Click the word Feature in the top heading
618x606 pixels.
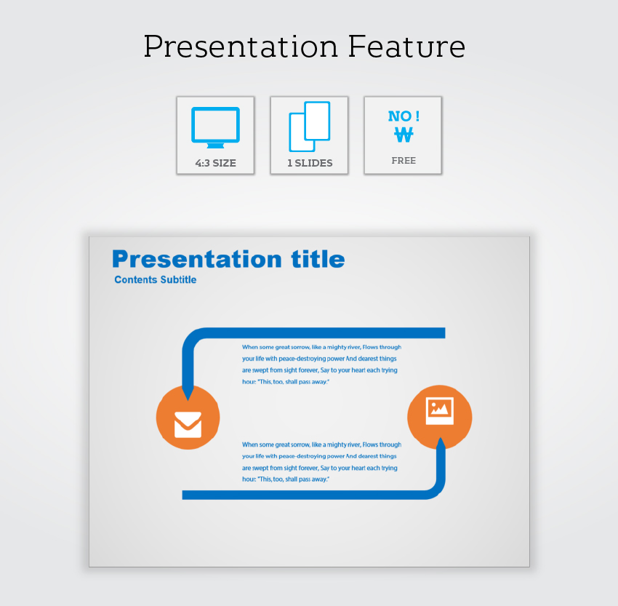[406, 47]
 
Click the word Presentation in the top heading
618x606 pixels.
[241, 47]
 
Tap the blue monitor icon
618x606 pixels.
[216, 127]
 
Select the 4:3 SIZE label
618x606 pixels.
[216, 163]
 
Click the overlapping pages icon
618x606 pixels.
[310, 127]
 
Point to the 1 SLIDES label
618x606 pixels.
[310, 163]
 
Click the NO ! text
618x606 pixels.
[404, 116]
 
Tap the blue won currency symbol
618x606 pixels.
[404, 135]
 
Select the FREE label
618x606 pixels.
[404, 161]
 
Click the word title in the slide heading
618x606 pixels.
[318, 260]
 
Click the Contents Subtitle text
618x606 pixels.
[156, 279]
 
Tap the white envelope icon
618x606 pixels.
[188, 425]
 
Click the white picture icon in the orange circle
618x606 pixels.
[440, 410]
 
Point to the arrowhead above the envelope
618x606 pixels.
[188, 394]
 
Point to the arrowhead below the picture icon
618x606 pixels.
[441, 444]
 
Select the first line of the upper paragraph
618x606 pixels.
[321, 347]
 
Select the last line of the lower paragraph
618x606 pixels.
[285, 479]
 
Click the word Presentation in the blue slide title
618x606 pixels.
[197, 260]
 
